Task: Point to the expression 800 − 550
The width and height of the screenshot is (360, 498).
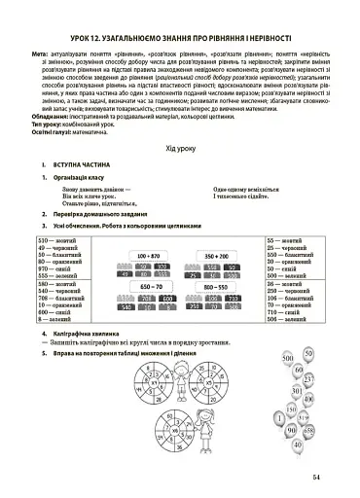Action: pyautogui.click(x=216, y=288)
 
